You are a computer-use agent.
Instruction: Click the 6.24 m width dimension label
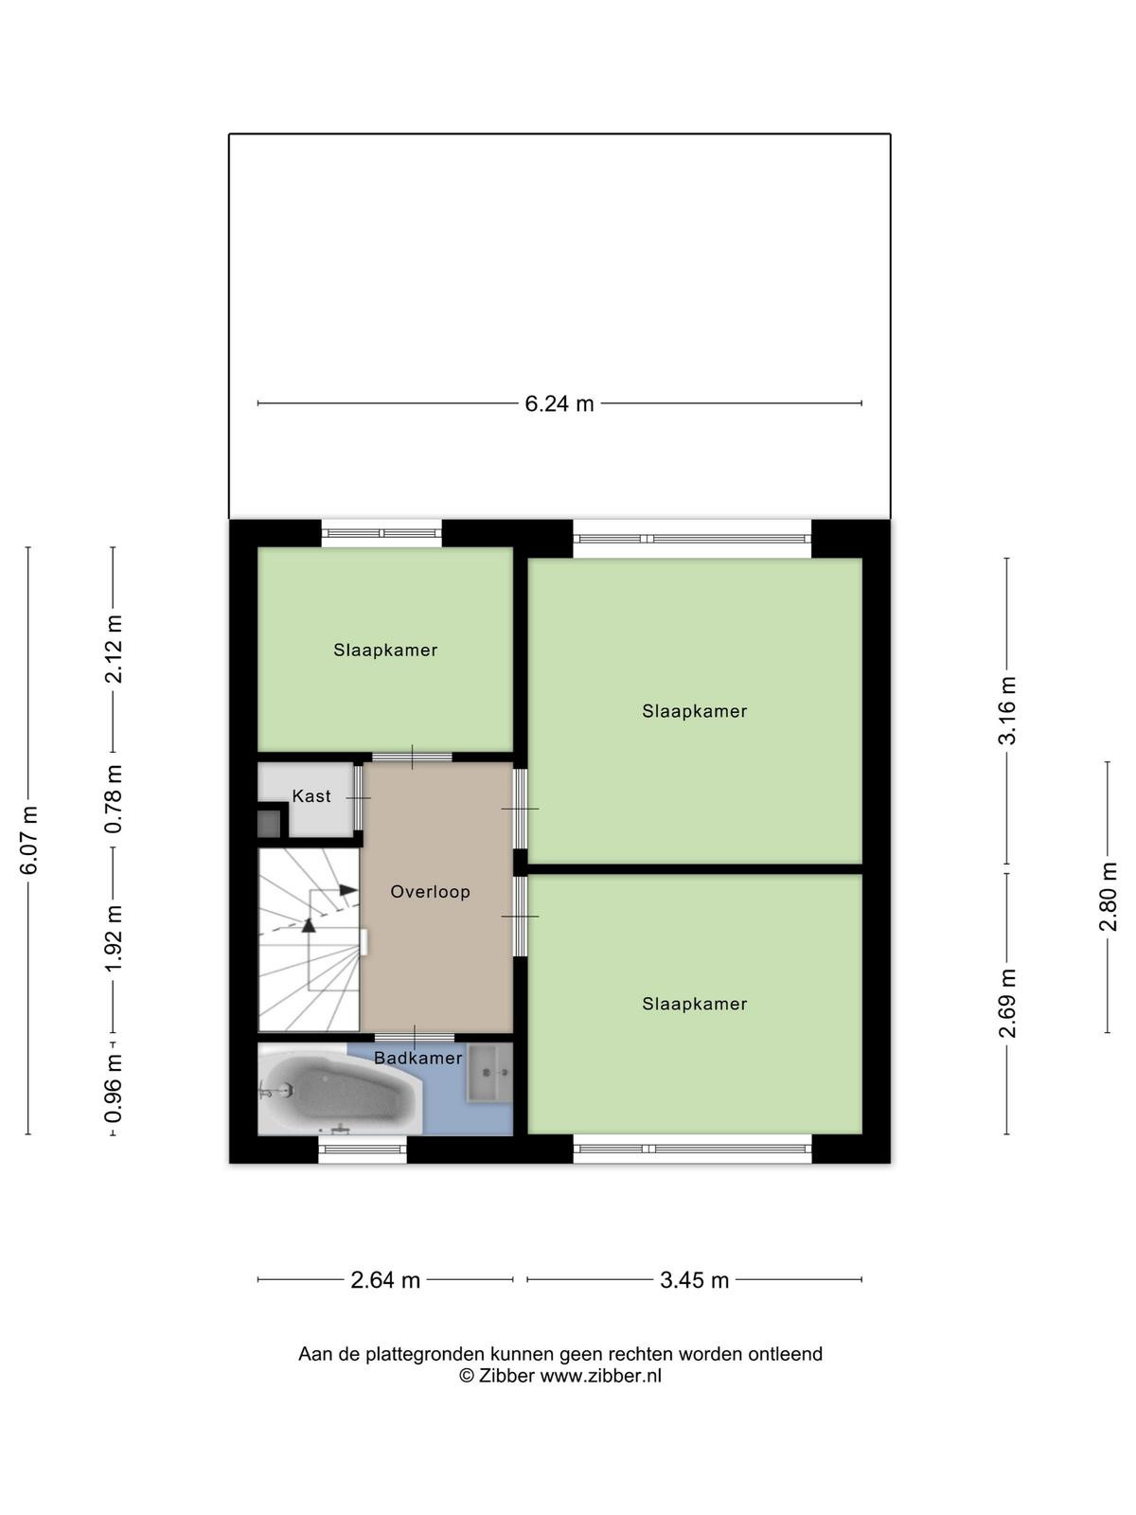(x=559, y=403)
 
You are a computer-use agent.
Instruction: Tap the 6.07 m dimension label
(x=29, y=839)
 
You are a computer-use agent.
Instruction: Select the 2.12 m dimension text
(x=114, y=649)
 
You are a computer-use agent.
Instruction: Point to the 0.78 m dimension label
(x=114, y=798)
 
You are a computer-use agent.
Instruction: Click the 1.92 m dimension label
(x=114, y=938)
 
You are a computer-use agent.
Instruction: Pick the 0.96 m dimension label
(x=114, y=1088)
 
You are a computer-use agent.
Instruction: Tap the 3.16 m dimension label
(x=1007, y=710)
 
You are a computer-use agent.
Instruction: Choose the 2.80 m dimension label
(x=1108, y=897)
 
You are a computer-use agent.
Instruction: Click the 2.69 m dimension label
(x=1007, y=1003)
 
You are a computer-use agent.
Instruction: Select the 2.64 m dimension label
(x=385, y=1280)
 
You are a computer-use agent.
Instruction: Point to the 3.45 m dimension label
(x=694, y=1280)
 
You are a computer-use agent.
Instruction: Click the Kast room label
(x=311, y=795)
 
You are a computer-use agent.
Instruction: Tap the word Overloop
(x=431, y=891)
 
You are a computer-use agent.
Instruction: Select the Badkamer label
(x=418, y=1058)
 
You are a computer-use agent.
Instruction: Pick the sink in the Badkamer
(x=489, y=1073)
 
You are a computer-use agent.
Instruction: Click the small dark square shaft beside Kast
(x=268, y=824)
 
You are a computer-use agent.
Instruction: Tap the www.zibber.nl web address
(x=600, y=1376)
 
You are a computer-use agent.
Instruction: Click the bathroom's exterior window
(x=363, y=1150)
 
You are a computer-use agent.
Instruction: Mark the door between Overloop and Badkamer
(x=415, y=1038)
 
